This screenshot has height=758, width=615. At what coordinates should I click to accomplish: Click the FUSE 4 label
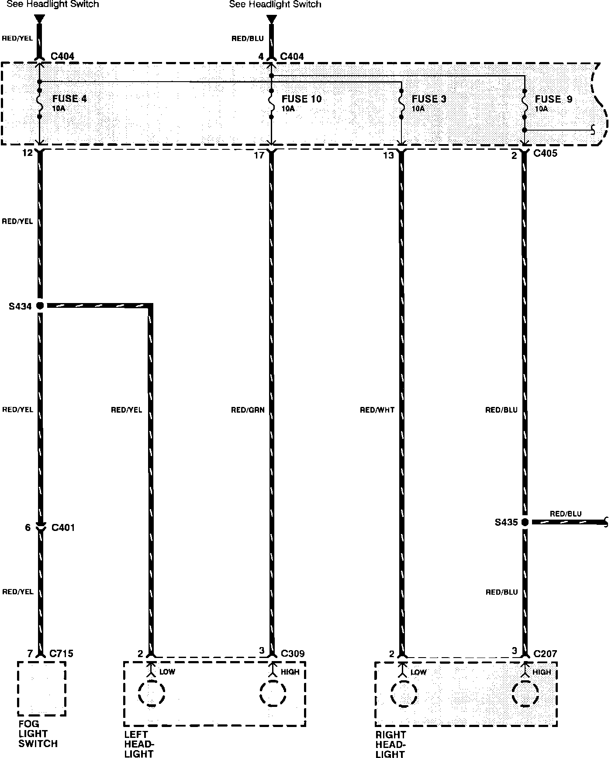coord(69,99)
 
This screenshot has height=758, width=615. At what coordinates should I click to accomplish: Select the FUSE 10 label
coord(301,99)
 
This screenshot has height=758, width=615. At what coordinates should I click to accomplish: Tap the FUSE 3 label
coord(428,99)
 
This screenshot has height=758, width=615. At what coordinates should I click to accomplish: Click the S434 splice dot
coord(40,306)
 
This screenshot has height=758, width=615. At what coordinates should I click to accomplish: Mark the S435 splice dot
coord(525,522)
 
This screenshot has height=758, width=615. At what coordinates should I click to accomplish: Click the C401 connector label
coord(63,527)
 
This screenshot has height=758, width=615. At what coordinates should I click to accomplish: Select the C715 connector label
coord(62,654)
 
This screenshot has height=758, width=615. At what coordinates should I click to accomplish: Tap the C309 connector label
coord(292,654)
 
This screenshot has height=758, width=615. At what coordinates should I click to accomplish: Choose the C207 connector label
coord(545,654)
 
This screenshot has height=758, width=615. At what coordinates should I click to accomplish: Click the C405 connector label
coord(545,154)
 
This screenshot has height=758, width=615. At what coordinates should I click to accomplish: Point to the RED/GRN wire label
coord(248,410)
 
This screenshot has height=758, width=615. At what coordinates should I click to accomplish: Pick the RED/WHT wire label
coord(377,410)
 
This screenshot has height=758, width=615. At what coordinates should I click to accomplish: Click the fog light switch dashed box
coord(41,689)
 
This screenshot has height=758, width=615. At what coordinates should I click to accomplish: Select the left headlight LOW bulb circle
coord(152,693)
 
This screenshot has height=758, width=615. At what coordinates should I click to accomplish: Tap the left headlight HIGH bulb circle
coord(273,693)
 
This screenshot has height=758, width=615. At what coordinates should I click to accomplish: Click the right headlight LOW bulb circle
coord(404,693)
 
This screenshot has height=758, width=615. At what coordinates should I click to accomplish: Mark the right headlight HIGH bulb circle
coord(525,693)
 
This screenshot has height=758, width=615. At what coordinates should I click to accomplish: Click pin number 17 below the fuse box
coord(259,155)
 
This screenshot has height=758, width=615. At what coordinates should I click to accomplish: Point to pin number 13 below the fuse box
coord(388,155)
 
